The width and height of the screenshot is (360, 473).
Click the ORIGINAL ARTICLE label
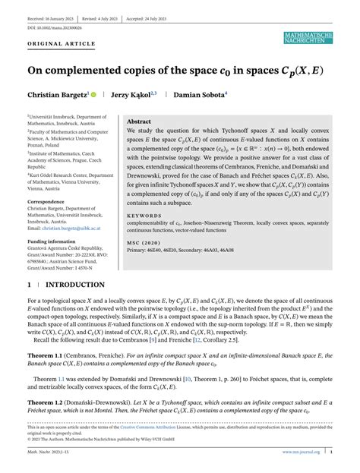[x=55, y=44]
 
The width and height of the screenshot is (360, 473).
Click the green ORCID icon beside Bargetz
[x=93, y=95]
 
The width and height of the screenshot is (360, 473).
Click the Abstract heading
[x=139, y=121]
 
